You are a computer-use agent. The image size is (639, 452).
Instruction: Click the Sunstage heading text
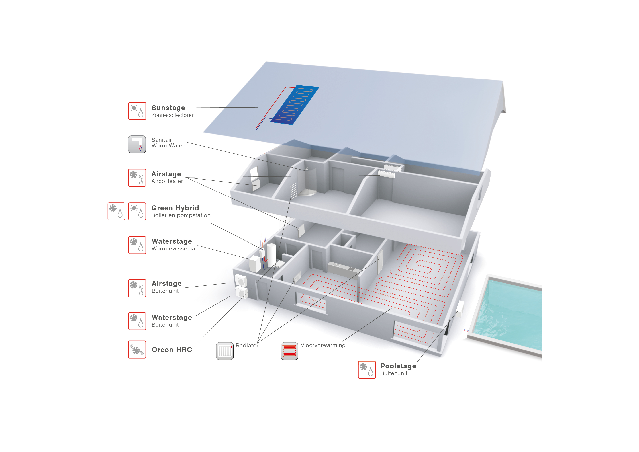[168, 108]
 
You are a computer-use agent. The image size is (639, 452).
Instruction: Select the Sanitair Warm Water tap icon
[137, 144]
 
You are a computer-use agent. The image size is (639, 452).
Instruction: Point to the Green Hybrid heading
[175, 208]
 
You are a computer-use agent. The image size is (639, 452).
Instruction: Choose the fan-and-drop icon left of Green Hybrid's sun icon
[116, 211]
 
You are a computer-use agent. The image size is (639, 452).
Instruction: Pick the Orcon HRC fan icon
[137, 350]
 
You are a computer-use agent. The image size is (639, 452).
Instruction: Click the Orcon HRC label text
[172, 350]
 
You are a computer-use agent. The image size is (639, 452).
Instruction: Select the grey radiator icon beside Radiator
[225, 351]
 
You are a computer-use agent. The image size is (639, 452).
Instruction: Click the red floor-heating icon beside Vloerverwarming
[289, 351]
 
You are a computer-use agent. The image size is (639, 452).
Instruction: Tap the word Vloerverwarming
[323, 345]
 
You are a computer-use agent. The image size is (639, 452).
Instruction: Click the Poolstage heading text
[398, 366]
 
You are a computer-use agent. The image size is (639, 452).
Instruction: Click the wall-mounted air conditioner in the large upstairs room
[386, 174]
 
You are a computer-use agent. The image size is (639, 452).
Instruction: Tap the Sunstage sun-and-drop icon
[137, 111]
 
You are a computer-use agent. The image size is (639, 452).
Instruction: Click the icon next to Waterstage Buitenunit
[137, 321]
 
